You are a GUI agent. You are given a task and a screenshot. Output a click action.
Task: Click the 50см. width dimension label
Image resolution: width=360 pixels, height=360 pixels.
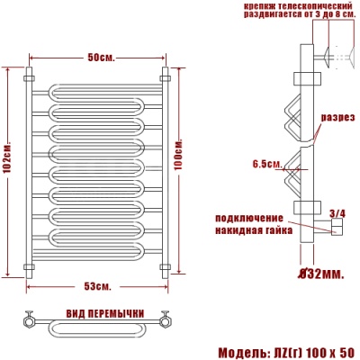(101, 58)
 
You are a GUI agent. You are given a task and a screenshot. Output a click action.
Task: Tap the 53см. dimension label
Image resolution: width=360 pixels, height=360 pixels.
(97, 286)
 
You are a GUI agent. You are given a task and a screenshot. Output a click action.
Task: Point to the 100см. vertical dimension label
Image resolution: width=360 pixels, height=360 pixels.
(178, 154)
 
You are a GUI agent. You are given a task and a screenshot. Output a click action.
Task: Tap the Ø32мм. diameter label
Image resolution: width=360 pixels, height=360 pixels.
(320, 274)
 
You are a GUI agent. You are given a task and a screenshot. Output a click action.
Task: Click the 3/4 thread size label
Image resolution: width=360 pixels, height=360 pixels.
(337, 213)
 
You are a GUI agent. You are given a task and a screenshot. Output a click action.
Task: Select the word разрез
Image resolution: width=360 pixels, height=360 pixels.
(338, 118)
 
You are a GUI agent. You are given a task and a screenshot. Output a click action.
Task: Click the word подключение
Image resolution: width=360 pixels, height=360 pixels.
(249, 218)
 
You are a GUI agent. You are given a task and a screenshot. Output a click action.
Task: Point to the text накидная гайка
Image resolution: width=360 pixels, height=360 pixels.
(254, 230)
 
